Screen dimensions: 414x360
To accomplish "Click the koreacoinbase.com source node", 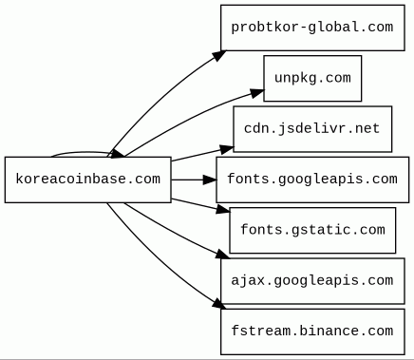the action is [x=88, y=180].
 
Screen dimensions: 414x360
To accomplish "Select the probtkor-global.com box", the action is [x=312, y=28].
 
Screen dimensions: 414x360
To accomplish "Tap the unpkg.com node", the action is [x=312, y=78].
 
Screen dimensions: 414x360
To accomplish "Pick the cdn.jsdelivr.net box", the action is [x=312, y=129].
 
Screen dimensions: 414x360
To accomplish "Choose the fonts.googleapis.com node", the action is [x=312, y=180].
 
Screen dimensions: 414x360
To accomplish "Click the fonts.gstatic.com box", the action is [x=312, y=230].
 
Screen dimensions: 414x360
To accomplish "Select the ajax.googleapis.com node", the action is [x=312, y=281].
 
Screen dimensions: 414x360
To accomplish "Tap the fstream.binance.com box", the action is [x=312, y=332].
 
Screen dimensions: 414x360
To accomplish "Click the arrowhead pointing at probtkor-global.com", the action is [x=219, y=55].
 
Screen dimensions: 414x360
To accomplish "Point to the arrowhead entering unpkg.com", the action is [x=257, y=93].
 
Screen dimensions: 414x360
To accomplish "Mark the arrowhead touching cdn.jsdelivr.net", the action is [x=227, y=149].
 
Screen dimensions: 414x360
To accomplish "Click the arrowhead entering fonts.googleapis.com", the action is [x=210, y=180].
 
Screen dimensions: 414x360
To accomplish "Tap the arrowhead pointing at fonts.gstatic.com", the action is [x=222, y=209].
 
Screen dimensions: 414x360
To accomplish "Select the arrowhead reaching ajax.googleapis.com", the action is [x=222, y=254].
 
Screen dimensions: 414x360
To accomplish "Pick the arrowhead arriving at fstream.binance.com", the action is [x=218, y=304].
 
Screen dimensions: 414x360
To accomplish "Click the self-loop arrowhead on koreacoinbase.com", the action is [x=116, y=154].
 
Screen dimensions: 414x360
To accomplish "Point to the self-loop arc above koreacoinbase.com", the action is [x=81, y=153].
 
